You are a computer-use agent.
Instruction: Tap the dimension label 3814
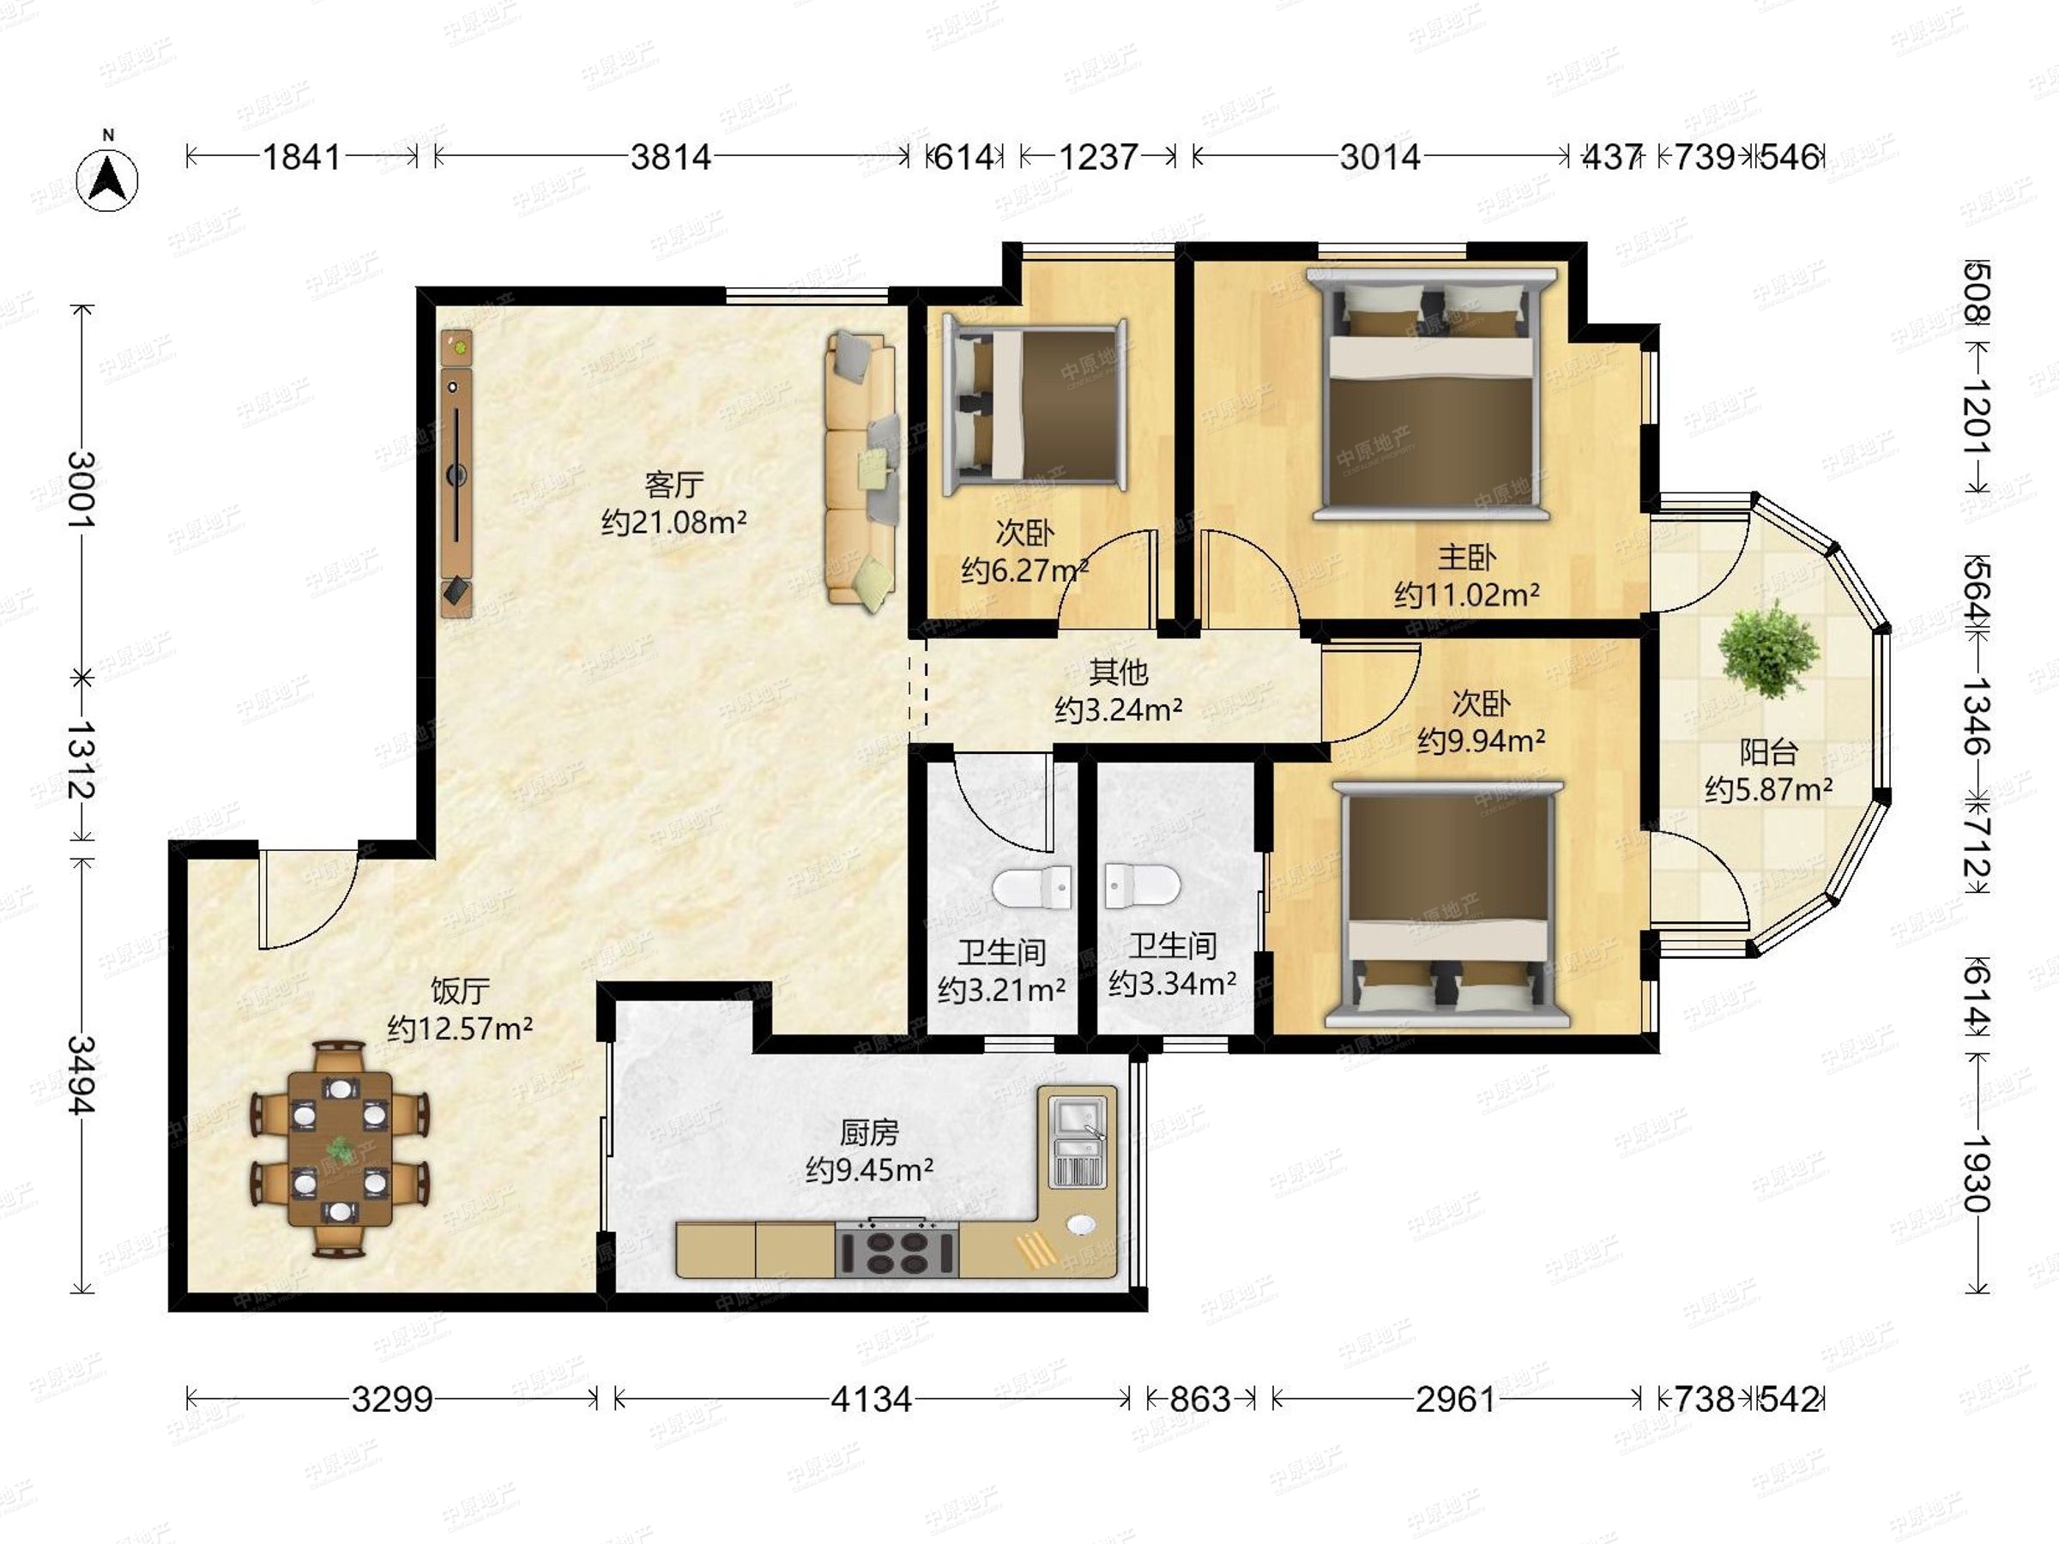tap(670, 157)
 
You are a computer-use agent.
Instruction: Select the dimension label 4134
tap(872, 1399)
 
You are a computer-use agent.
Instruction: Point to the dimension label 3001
tap(82, 490)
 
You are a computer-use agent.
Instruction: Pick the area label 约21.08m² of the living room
tap(674, 522)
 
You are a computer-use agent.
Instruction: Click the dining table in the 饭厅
tap(340, 1149)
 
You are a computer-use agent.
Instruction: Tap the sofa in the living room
tap(862, 471)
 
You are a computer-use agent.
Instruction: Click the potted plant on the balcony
tap(1767, 648)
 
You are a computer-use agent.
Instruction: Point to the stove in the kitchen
tap(897, 1249)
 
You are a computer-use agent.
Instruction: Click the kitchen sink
tap(1077, 1142)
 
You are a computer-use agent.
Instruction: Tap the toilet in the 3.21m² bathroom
tap(1031, 886)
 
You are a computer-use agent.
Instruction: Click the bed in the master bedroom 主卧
tap(1431, 395)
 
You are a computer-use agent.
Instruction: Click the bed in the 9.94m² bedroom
tap(1448, 906)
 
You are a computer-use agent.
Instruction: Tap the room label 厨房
tap(868, 1131)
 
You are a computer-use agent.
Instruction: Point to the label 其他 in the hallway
tap(1118, 671)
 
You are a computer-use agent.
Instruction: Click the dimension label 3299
tap(392, 1399)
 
